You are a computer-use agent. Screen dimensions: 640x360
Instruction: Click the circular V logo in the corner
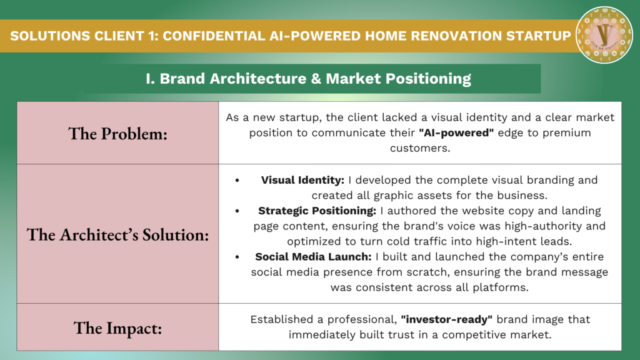604,35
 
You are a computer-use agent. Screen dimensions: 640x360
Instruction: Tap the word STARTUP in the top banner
538,36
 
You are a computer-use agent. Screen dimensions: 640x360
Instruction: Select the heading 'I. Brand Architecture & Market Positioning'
308,79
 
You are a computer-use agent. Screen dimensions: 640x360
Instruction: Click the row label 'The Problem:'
118,134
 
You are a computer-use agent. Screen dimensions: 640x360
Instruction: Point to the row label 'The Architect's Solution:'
118,235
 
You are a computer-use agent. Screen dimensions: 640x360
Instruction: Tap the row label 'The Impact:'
118,327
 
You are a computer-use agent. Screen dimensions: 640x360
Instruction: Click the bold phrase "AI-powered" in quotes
456,132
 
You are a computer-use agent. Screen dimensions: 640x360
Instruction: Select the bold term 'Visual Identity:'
303,180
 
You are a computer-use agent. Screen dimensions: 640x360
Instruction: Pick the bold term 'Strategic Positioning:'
317,211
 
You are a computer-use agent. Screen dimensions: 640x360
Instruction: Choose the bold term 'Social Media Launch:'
314,257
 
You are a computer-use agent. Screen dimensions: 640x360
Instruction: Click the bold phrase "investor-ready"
446,319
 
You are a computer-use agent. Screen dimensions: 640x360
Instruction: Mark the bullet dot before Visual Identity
237,181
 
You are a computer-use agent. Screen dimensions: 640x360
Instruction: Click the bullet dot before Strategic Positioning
237,211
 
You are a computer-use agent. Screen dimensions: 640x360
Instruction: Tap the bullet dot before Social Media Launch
237,257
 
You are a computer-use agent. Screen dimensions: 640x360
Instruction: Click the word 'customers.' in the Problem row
420,147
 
